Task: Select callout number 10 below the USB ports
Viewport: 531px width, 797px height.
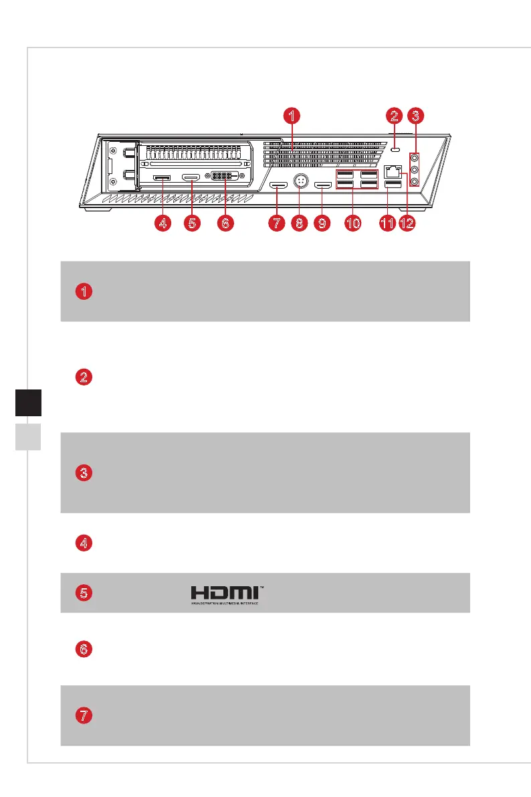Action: point(354,224)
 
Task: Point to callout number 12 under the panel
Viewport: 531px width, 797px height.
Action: point(407,224)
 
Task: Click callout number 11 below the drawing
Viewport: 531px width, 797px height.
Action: point(387,224)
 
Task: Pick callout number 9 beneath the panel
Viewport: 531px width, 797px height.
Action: point(323,224)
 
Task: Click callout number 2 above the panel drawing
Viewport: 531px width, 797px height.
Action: point(395,116)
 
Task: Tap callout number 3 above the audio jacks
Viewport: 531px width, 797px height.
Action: point(415,116)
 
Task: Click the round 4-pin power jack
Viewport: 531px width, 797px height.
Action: point(299,182)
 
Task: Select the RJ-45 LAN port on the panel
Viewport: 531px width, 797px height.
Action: point(393,171)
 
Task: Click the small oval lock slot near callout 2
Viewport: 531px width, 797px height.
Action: point(395,150)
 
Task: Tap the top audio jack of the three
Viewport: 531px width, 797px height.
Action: point(415,159)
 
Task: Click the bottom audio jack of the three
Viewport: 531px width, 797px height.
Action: point(415,181)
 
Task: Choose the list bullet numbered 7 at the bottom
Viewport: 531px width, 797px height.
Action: point(84,715)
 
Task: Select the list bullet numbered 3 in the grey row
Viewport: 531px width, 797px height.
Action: point(84,473)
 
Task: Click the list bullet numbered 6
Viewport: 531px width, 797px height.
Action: point(84,649)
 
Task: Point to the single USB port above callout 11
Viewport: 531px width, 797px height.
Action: point(392,183)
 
